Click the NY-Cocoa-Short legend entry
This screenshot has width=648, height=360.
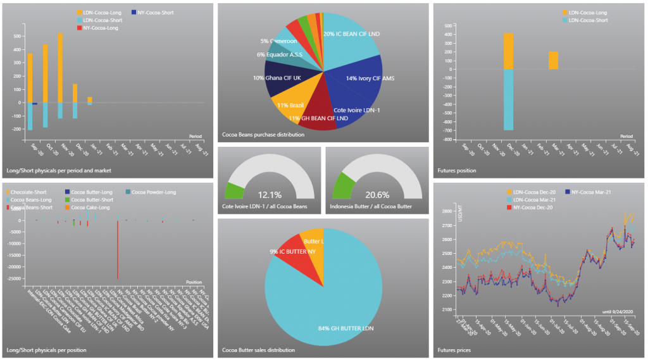pyautogui.click(x=155, y=13)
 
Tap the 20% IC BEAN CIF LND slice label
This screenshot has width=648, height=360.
pyautogui.click(x=351, y=34)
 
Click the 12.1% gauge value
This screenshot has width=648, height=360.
pyautogui.click(x=270, y=195)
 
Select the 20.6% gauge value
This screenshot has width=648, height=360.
pyautogui.click(x=377, y=195)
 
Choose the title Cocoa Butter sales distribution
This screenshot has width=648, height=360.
pyautogui.click(x=258, y=350)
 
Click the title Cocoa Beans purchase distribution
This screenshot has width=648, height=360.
pyautogui.click(x=263, y=134)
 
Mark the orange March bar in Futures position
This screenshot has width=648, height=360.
pyautogui.click(x=553, y=60)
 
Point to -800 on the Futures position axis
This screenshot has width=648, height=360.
pyautogui.click(x=447, y=139)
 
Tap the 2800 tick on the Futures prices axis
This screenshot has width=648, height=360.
pyautogui.click(x=447, y=212)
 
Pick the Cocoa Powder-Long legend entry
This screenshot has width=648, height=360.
pyautogui.click(x=153, y=192)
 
